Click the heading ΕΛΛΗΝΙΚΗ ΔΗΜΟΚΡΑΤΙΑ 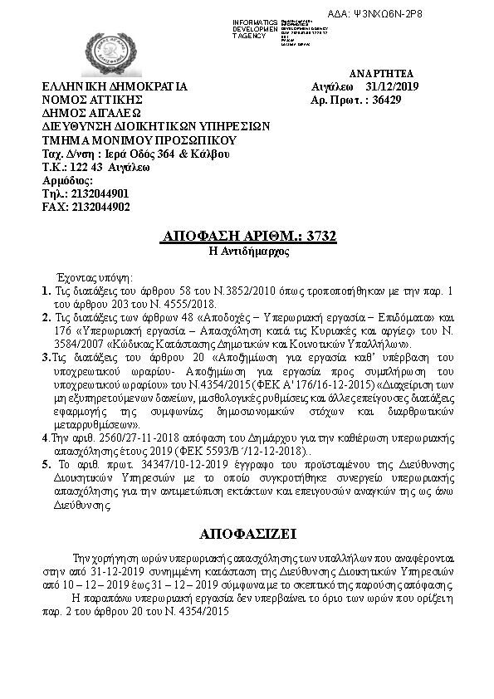tap(115, 87)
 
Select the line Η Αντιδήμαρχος tap(247, 251)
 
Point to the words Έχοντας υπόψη tap(92, 276)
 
